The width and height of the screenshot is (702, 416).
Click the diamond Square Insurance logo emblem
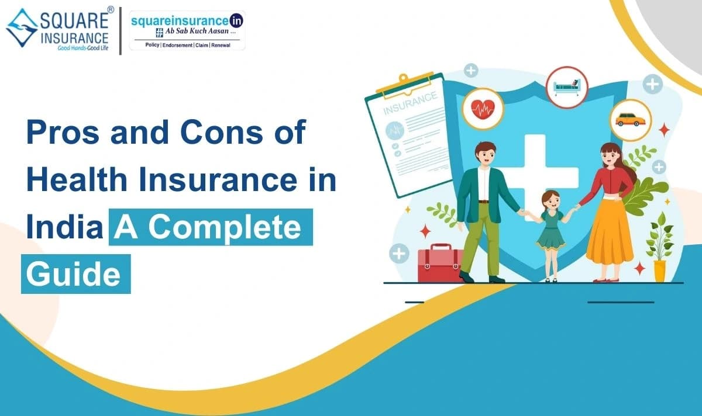22,28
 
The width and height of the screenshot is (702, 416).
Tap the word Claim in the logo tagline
202,45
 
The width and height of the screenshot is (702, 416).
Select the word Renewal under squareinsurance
221,45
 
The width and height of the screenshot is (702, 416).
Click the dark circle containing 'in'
236,21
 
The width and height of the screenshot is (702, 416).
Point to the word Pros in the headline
63,133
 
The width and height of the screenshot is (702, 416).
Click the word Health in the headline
77,179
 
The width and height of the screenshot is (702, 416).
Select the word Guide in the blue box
73,274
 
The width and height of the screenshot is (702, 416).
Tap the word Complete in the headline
225,227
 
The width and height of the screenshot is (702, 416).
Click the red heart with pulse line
483,109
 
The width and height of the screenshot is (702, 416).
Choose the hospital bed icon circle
567,87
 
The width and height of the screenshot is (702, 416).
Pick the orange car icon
630,120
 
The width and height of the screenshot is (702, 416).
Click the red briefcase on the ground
440,264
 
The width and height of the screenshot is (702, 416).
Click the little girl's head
551,200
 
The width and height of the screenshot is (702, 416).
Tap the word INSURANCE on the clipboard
410,103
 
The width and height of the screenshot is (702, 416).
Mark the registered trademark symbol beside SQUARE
111,10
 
